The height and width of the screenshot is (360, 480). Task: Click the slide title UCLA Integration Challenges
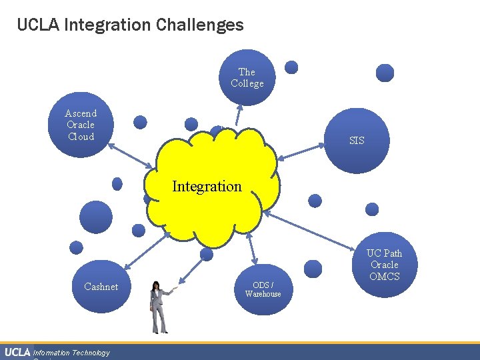pos(130,25)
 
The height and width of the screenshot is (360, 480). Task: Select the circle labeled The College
pos(247,77)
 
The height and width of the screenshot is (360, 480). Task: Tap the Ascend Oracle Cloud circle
pos(81,125)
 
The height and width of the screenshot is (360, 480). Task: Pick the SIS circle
pos(357,141)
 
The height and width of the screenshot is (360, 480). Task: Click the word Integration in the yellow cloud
pos(207,187)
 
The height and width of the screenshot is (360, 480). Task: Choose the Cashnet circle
pos(101,287)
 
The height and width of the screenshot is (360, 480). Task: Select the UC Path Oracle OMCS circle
pos(384,265)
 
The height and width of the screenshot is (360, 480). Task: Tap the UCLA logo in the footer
pos(17,352)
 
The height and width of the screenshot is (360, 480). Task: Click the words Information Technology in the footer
pos(72,353)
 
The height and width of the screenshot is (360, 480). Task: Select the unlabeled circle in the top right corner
pos(385,73)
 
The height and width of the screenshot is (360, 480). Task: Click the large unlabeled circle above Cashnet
pos(96,216)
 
